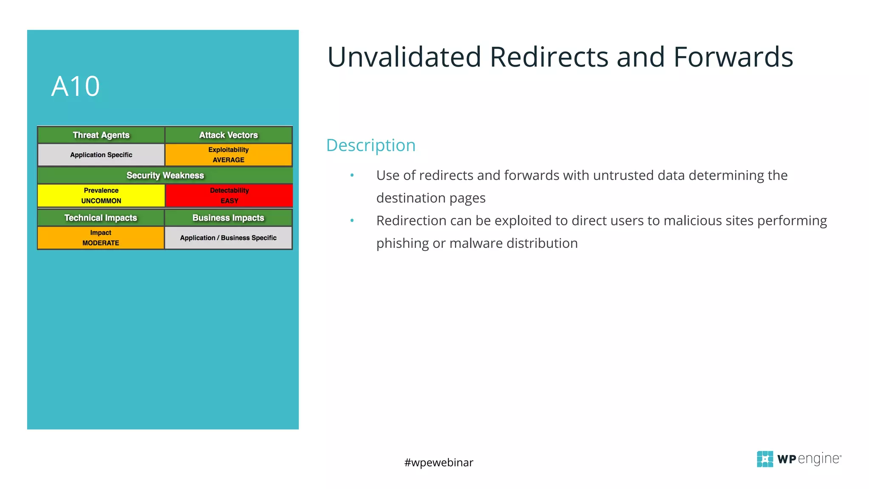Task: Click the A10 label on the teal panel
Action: pyautogui.click(x=76, y=87)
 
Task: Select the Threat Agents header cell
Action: pyautogui.click(x=101, y=135)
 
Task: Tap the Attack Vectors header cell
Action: pyautogui.click(x=228, y=135)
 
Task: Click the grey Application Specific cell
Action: pyautogui.click(x=101, y=155)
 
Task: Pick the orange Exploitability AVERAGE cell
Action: pyautogui.click(x=228, y=155)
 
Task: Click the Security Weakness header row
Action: pyautogui.click(x=165, y=175)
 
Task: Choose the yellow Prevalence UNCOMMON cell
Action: pyautogui.click(x=101, y=196)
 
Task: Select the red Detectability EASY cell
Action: pyautogui.click(x=229, y=196)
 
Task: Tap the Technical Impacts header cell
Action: pyautogui.click(x=101, y=218)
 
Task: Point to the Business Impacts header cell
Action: pyautogui.click(x=228, y=218)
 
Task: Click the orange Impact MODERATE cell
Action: pyautogui.click(x=101, y=238)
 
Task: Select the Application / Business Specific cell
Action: pyautogui.click(x=228, y=238)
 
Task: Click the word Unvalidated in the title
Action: pyautogui.click(x=404, y=57)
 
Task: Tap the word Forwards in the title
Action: pyautogui.click(x=733, y=57)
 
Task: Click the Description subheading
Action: pyautogui.click(x=370, y=145)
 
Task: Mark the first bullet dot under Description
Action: pyautogui.click(x=352, y=175)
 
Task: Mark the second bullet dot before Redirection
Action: pyautogui.click(x=352, y=221)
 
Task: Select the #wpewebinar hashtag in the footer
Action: pyautogui.click(x=438, y=462)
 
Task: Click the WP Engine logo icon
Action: pyautogui.click(x=765, y=459)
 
